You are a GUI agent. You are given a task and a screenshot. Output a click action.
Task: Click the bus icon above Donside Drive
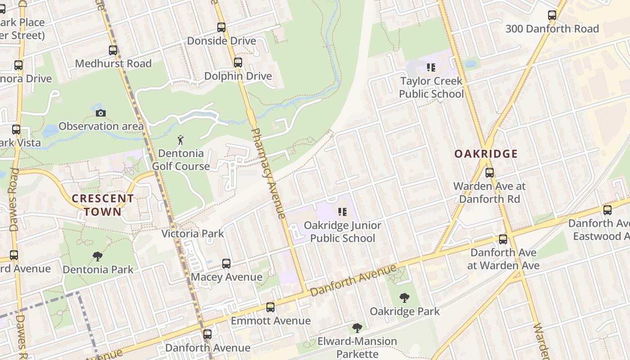pyautogui.click(x=221, y=27)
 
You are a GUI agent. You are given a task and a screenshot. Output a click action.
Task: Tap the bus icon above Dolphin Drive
pyautogui.click(x=238, y=63)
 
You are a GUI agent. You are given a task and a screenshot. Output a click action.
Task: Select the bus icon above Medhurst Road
pyautogui.click(x=113, y=50)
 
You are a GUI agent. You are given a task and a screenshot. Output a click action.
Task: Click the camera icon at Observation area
pyautogui.click(x=101, y=113)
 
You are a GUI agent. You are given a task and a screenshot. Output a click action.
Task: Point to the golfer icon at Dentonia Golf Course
pyautogui.click(x=180, y=140)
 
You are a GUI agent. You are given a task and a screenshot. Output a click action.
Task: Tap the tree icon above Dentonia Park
pyautogui.click(x=98, y=256)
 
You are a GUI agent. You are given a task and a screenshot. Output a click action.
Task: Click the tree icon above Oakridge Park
pyautogui.click(x=405, y=297)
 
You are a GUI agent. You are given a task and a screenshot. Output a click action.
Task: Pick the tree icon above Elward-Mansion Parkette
pyautogui.click(x=357, y=328)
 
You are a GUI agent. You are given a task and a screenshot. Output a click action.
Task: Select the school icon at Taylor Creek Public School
pyautogui.click(x=431, y=68)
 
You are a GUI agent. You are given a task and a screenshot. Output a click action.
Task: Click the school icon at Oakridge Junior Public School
pyautogui.click(x=342, y=211)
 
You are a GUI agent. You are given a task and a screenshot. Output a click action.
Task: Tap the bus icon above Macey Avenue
pyautogui.click(x=226, y=264)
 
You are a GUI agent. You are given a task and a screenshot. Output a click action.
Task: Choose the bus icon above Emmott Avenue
pyautogui.click(x=270, y=307)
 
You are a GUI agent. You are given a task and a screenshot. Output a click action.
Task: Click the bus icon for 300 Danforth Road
pyautogui.click(x=552, y=15)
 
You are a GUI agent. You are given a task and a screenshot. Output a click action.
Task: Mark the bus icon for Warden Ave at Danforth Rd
pyautogui.click(x=490, y=172)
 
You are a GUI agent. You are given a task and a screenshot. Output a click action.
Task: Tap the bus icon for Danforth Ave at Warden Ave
pyautogui.click(x=503, y=239)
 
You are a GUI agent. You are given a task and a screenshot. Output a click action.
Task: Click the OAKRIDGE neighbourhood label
pyautogui.click(x=486, y=154)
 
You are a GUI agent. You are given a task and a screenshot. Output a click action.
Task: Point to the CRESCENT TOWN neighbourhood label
pyautogui.click(x=103, y=205)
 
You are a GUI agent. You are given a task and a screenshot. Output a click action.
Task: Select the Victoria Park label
pyautogui.click(x=193, y=234)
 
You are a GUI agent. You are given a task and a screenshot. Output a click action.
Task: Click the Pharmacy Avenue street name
pyautogui.click(x=269, y=174)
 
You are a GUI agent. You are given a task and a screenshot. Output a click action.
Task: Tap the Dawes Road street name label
pyautogui.click(x=13, y=200)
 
